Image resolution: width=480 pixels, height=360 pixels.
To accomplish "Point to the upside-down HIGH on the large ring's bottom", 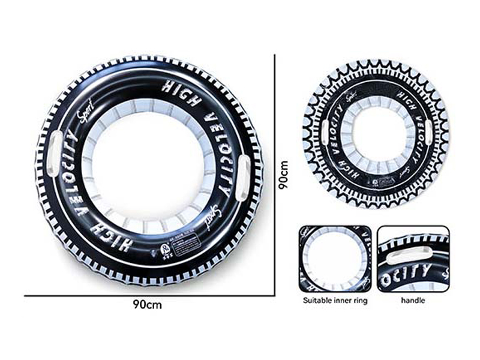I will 112,227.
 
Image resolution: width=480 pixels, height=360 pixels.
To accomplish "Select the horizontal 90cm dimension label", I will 148,304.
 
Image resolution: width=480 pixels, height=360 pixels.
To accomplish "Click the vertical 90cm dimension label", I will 284,174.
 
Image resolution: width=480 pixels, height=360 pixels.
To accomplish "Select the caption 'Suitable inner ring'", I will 335,300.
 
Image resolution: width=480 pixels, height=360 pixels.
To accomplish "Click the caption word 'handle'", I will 413,300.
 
